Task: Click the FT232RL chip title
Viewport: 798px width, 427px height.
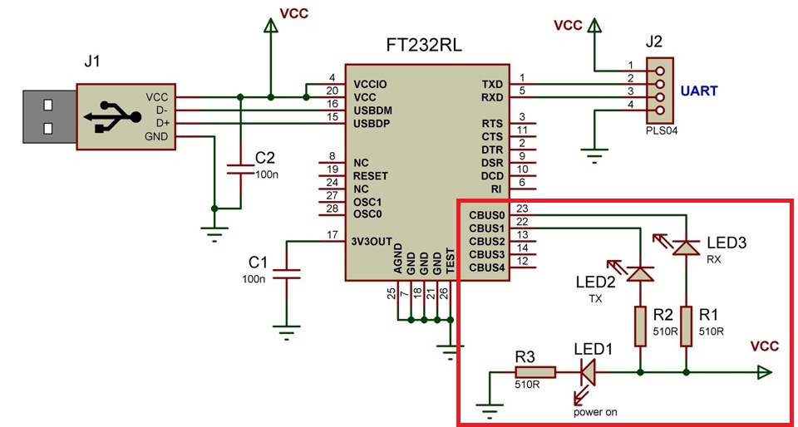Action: point(424,47)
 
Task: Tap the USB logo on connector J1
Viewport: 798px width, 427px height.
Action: point(113,116)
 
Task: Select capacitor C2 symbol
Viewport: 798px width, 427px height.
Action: point(240,169)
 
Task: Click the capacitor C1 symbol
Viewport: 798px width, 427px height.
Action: point(286,274)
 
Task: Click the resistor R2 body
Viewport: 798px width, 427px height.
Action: point(641,326)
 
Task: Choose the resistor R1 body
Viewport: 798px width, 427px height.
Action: point(687,326)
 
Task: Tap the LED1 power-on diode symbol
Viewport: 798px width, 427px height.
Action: point(588,373)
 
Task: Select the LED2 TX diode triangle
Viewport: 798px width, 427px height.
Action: point(641,273)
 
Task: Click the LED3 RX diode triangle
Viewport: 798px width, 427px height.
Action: point(686,248)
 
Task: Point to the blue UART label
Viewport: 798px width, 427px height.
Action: point(699,91)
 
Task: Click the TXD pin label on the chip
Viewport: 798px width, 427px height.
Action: point(492,84)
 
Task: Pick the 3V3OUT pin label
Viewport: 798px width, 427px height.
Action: point(372,242)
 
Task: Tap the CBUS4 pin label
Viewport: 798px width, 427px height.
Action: point(486,267)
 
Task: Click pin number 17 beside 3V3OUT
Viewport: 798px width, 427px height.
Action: point(332,235)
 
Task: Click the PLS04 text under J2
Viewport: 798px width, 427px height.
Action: point(661,130)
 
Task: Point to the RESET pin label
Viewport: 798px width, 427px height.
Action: point(370,176)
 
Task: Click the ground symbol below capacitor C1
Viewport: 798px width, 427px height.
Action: point(286,332)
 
